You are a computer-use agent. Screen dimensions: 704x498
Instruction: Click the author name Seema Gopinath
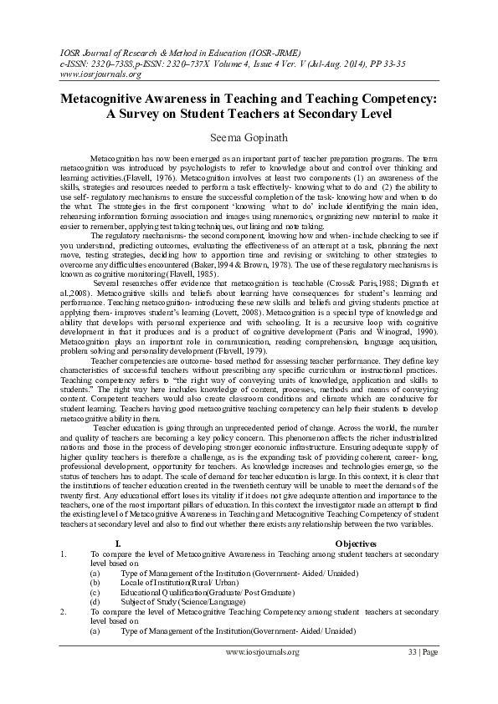249,137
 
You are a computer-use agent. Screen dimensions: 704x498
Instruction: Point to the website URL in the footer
262,651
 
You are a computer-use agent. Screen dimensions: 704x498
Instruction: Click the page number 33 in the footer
412,651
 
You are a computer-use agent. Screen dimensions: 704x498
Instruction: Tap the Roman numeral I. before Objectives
116,543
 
